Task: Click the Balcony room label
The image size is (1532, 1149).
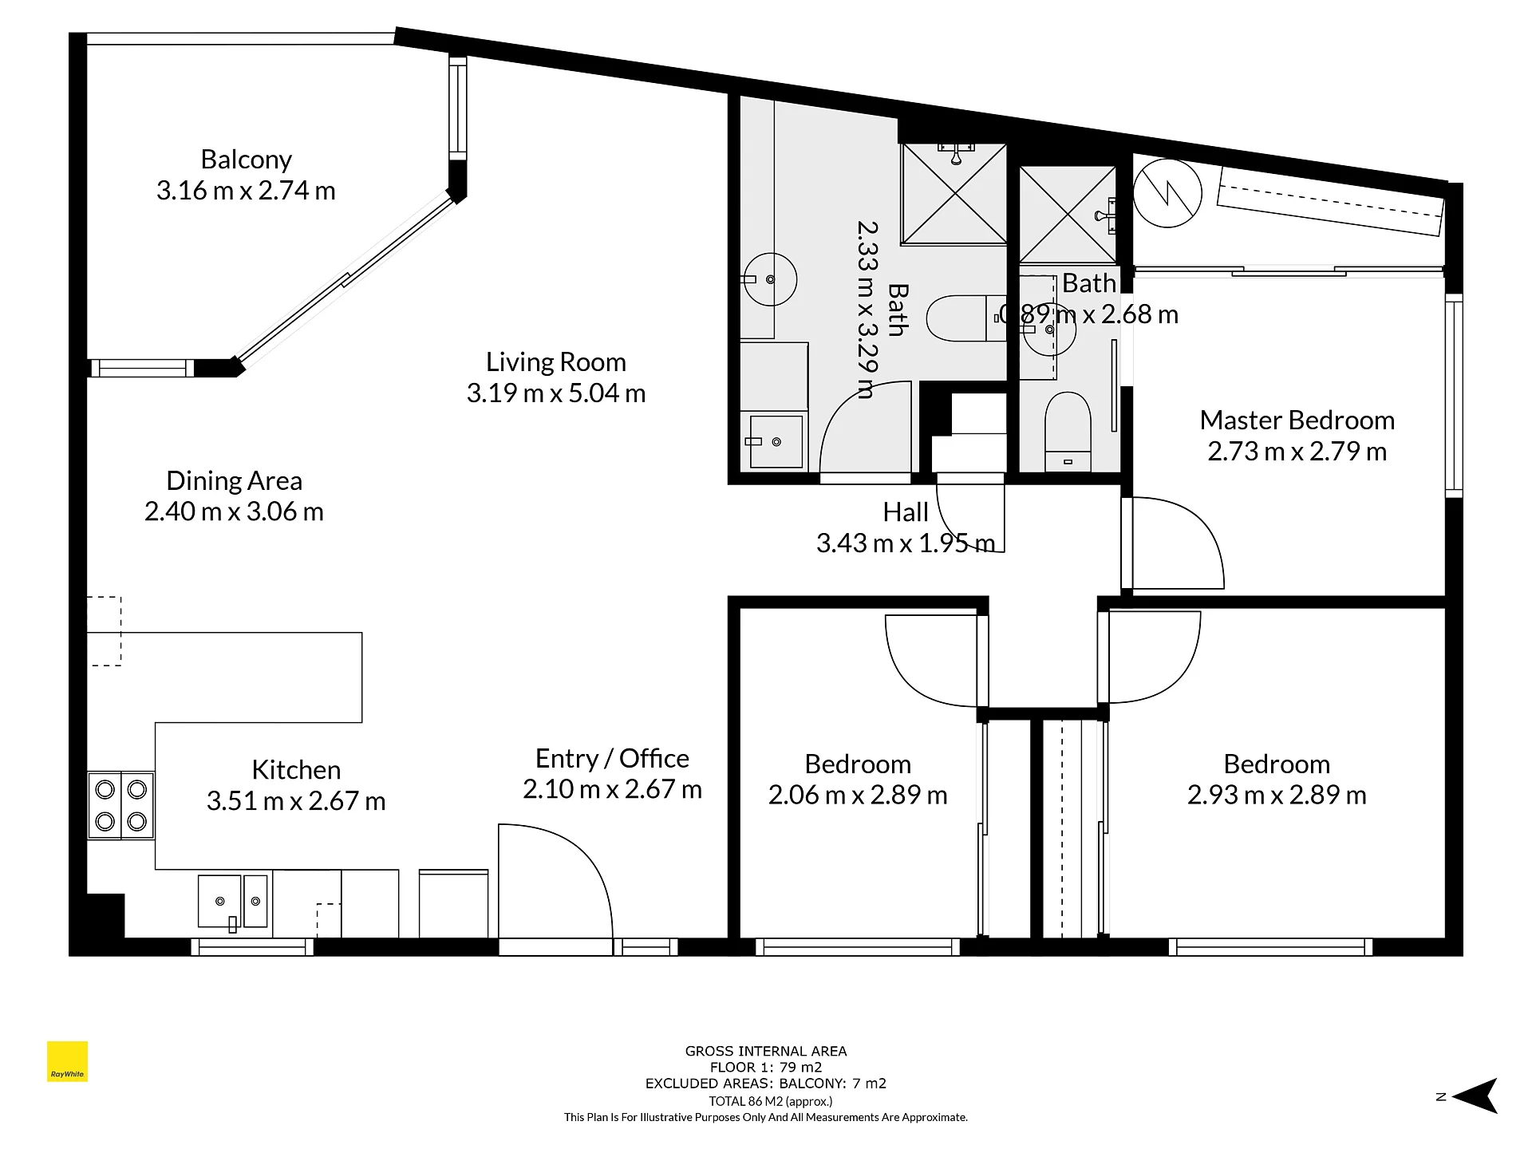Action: (246, 160)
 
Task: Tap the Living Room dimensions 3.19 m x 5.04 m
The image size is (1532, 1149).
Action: (556, 393)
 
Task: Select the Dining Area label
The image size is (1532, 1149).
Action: (234, 481)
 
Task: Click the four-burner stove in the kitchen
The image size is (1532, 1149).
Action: (120, 804)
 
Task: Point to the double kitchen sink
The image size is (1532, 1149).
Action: (233, 901)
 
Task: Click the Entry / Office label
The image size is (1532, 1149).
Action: (612, 758)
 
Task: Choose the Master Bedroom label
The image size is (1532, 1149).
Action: (1297, 421)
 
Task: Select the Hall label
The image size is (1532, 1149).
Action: (906, 512)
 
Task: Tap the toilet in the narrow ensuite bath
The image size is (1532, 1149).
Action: (1068, 431)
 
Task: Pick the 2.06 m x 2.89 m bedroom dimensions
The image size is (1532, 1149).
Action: (858, 796)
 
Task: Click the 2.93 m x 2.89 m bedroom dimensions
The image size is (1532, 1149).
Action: (1277, 796)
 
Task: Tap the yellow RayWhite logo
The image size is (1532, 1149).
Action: (67, 1061)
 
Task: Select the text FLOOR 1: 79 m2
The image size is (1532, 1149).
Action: (766, 1068)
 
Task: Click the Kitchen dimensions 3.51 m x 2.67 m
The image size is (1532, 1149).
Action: (296, 801)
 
